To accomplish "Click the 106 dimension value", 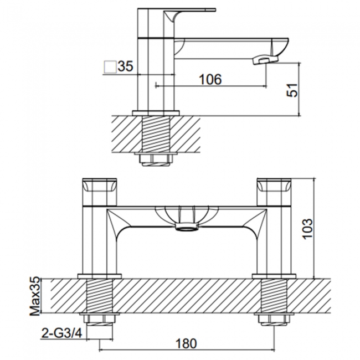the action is (x=210, y=79).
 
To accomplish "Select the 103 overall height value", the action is (x=307, y=229).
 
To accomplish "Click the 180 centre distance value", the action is (x=186, y=344).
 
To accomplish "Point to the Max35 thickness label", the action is (x=35, y=296).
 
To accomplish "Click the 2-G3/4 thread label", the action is (x=62, y=333).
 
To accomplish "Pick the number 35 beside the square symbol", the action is (x=125, y=66).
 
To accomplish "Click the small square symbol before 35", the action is (x=110, y=67).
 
